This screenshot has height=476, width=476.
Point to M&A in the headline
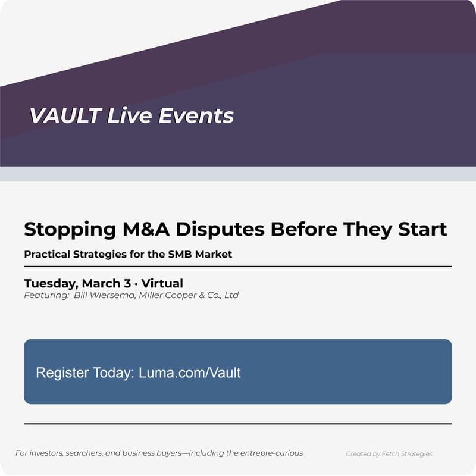[146, 230]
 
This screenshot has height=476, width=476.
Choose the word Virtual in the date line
[162, 283]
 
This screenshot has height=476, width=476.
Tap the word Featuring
[45, 295]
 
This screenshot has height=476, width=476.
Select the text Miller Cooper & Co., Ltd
[189, 295]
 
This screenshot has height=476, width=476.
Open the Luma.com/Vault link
[190, 373]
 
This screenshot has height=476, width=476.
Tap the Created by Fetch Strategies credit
[389, 454]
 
